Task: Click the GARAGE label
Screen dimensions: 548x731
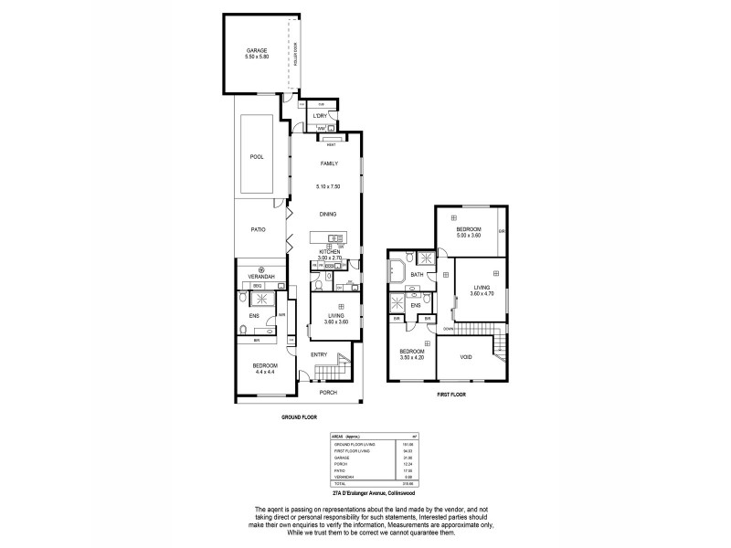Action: pos(257,49)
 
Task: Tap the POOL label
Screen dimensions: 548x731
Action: pos(257,156)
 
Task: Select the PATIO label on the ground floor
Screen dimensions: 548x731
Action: pos(258,229)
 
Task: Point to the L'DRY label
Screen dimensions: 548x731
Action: pos(320,116)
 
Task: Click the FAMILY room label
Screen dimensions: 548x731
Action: pos(329,163)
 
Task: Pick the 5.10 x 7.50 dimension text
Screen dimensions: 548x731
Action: pos(329,185)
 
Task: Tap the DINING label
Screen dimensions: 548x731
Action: pos(329,214)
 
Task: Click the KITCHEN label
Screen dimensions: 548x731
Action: pos(329,250)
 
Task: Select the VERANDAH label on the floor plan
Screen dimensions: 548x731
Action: pos(262,277)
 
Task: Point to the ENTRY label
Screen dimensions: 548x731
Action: pos(318,354)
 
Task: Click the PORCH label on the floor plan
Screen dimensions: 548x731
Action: pos(328,393)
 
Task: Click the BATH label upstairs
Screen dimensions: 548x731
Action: pos(417,275)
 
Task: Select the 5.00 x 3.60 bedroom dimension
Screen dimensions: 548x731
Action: pos(469,237)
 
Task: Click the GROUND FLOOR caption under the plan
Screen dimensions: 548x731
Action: pos(298,416)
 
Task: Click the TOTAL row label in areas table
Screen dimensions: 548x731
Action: pos(341,482)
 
